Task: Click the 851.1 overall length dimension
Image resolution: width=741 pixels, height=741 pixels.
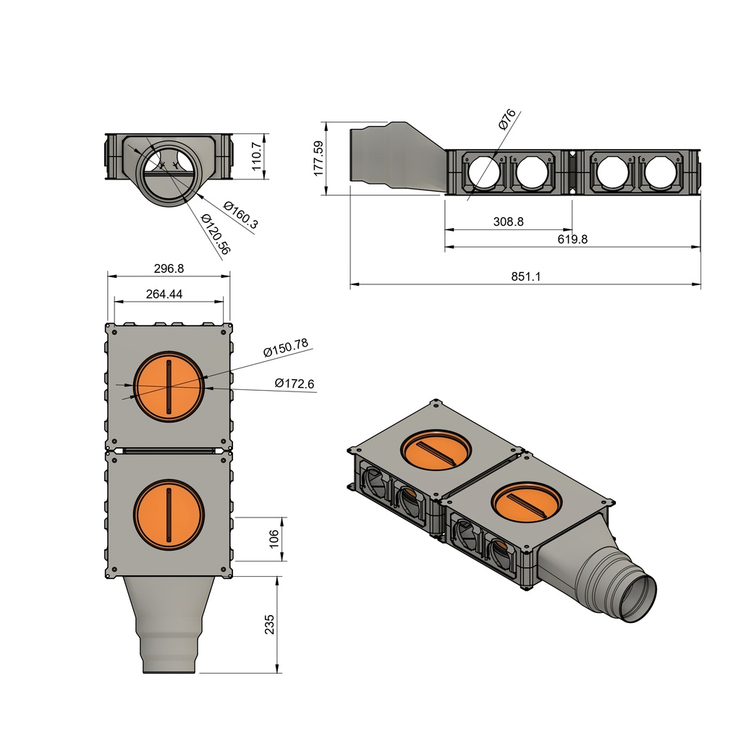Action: [525, 276]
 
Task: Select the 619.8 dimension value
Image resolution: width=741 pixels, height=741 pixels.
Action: [572, 239]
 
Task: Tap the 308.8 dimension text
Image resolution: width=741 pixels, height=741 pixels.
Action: [508, 221]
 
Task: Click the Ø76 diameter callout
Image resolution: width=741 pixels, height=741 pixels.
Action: [507, 119]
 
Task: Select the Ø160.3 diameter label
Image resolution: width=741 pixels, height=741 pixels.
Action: [241, 215]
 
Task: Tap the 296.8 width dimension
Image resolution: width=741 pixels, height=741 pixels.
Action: [169, 268]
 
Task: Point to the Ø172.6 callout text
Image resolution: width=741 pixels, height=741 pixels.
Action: [295, 384]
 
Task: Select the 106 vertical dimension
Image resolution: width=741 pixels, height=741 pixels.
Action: [273, 538]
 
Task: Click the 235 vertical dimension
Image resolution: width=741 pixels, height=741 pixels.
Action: [269, 624]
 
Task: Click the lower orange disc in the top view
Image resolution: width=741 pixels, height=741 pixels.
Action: [169, 514]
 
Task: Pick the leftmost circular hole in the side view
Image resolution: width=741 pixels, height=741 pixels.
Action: [483, 174]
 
